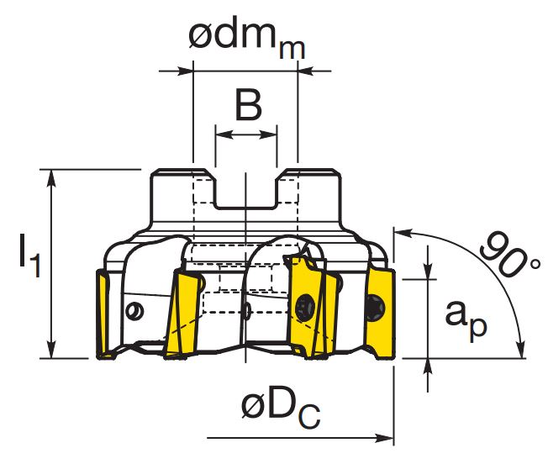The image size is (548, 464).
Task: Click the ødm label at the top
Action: (247, 37)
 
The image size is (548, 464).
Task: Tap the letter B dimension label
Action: (249, 105)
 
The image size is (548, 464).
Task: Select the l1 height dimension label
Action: (29, 256)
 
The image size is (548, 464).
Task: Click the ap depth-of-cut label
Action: (466, 319)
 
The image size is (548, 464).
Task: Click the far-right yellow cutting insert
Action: (381, 313)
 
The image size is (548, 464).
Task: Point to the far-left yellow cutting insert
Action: (103, 314)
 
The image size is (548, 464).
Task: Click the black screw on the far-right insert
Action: (376, 308)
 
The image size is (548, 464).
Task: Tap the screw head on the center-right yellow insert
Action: (305, 307)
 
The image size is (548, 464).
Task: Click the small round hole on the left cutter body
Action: (134, 311)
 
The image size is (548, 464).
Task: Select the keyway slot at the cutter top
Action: (246, 192)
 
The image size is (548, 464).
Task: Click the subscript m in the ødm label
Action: (292, 50)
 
